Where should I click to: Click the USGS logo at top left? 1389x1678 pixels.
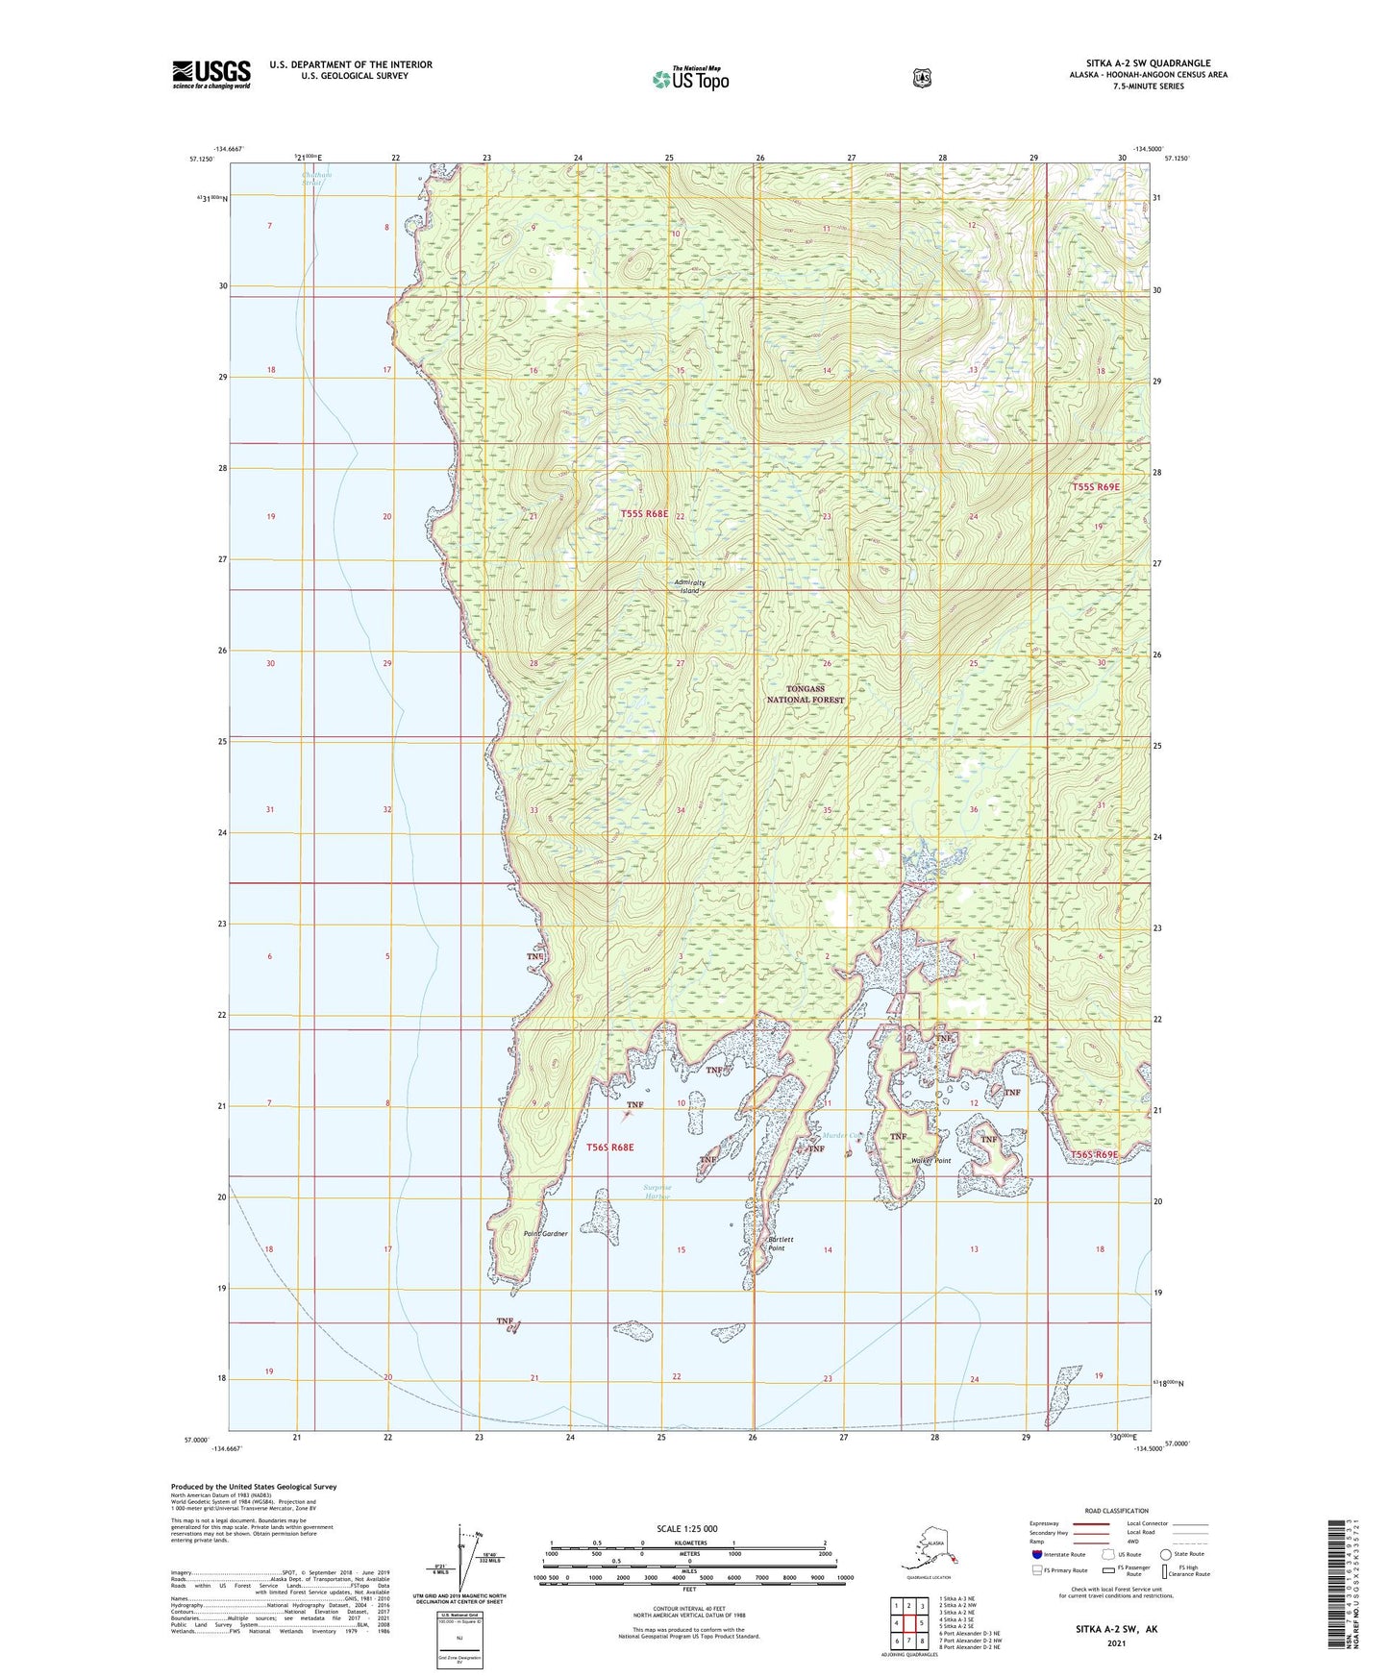pos(211,74)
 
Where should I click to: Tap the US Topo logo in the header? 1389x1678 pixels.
pos(690,79)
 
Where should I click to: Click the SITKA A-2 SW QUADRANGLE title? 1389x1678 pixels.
pos(1148,63)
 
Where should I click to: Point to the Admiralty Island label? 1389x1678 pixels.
pos(689,586)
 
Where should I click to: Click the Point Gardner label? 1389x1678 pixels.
pos(545,1233)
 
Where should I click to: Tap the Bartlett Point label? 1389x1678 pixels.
pos(780,1244)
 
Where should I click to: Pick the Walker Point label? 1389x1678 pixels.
pos(930,1161)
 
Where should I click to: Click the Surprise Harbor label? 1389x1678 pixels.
pos(657,1192)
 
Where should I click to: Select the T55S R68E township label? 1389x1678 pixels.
pos(643,514)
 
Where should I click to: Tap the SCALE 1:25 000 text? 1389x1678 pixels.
pos(686,1528)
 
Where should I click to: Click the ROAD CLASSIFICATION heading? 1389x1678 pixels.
pos(1115,1511)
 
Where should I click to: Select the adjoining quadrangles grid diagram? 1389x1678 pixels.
pos(908,1622)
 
